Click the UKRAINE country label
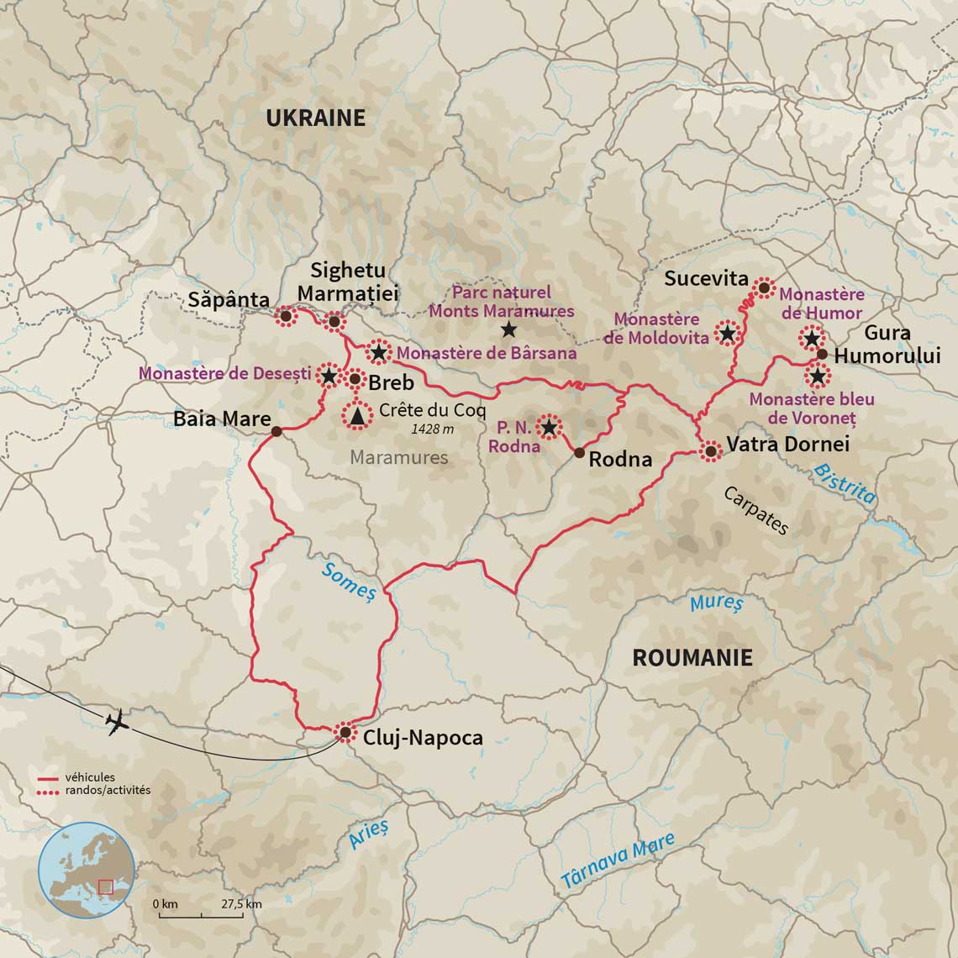315,118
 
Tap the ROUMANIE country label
692,657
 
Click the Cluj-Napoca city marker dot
345,733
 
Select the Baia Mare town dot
276,432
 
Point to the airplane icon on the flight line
117,722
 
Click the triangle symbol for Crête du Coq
358,415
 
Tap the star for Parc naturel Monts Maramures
508,329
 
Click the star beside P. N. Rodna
549,428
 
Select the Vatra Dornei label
787,444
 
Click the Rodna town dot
579,452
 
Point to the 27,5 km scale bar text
241,903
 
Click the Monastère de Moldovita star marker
728,334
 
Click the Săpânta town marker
285,316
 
